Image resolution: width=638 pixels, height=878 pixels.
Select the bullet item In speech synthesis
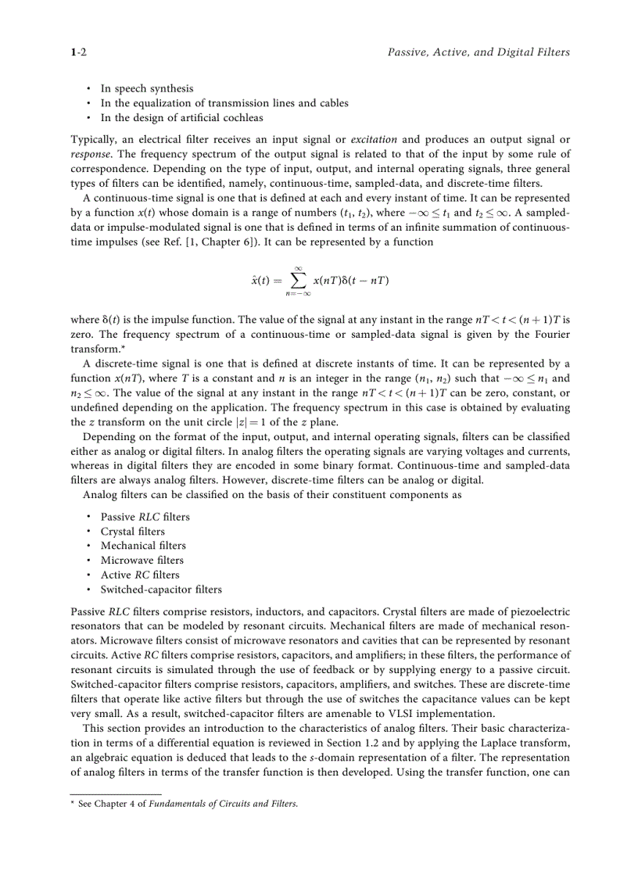[146, 88]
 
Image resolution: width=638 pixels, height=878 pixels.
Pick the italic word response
[91, 154]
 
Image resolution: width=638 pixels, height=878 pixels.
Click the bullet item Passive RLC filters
[145, 517]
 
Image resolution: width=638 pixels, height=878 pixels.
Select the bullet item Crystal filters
[132, 532]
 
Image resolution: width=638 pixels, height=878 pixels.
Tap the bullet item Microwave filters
[142, 561]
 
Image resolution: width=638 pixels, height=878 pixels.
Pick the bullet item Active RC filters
[139, 575]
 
